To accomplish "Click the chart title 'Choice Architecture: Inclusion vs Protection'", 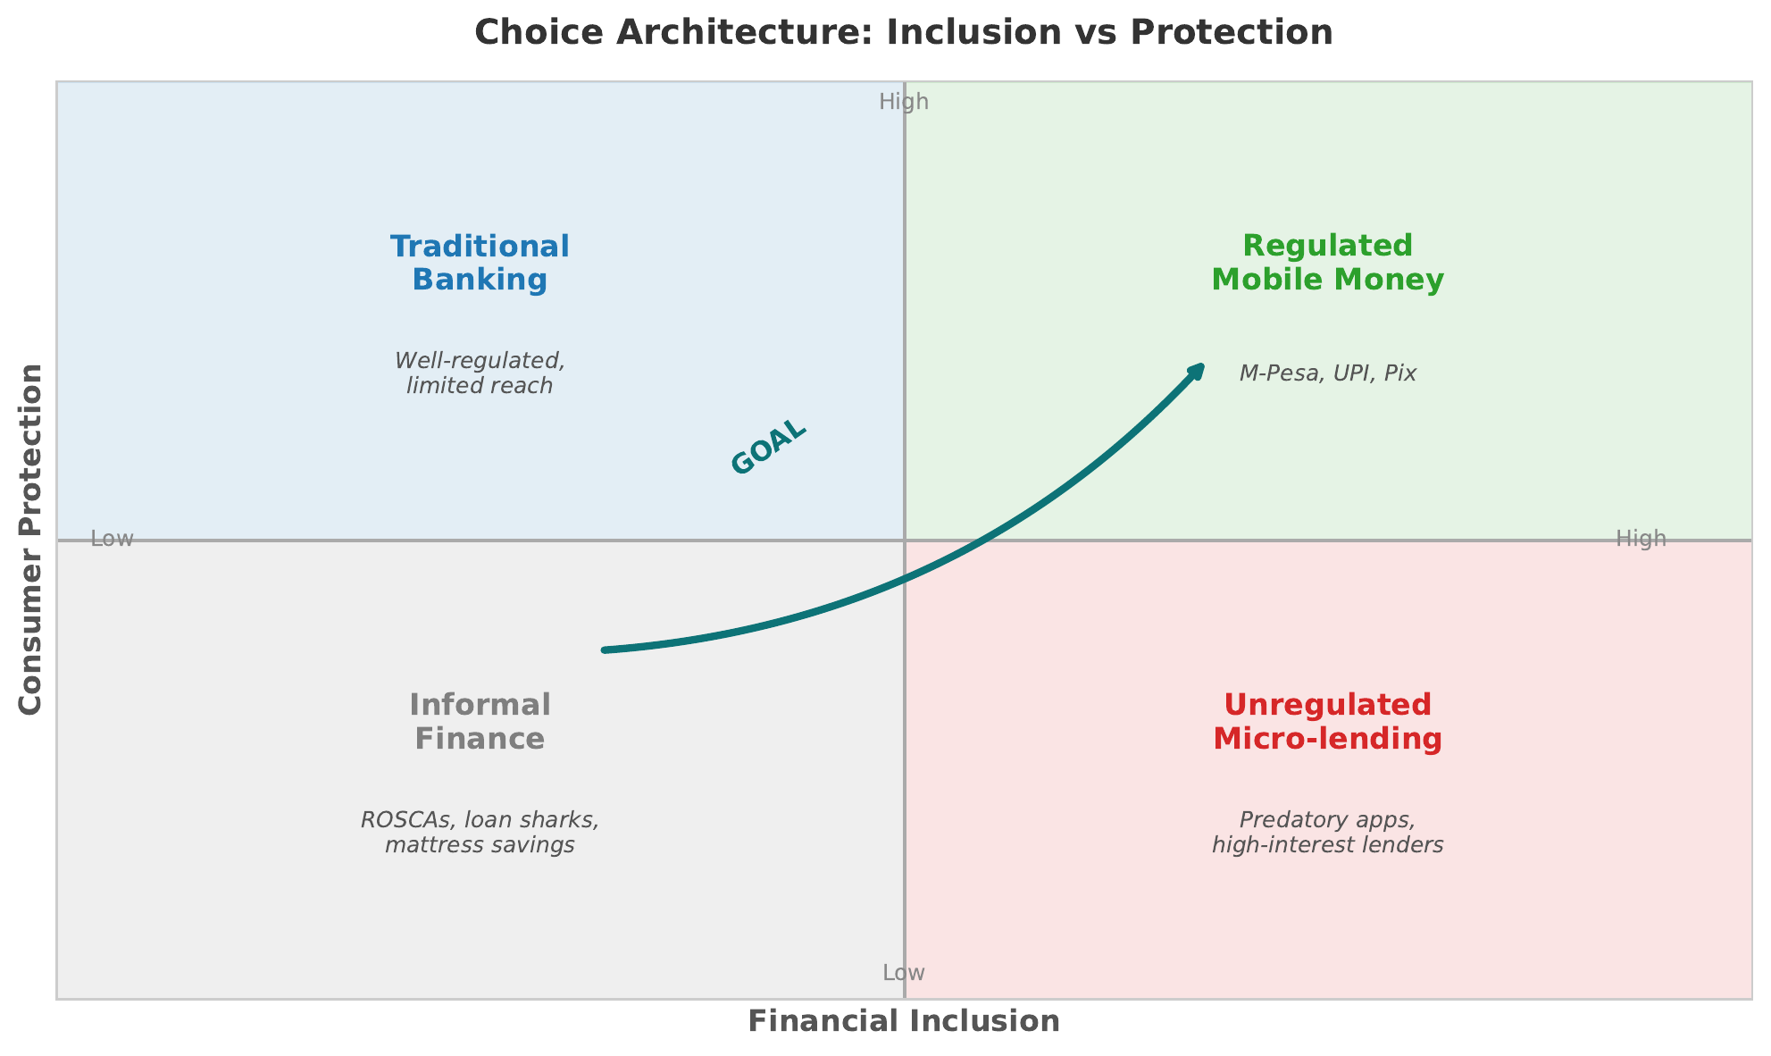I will tap(903, 33).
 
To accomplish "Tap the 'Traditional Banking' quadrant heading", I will tap(480, 263).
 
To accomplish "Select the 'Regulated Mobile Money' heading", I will tap(1327, 263).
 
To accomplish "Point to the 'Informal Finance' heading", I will tap(480, 722).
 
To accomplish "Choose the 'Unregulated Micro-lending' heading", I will tap(1327, 722).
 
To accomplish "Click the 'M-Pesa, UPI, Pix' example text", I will tap(1327, 373).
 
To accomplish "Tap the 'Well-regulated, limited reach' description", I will tap(480, 373).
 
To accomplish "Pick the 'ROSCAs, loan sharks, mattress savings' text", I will tap(480, 832).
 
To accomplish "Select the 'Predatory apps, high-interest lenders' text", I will tap(1327, 832).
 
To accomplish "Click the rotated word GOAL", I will tap(769, 448).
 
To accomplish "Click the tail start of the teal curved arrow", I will tap(606, 650).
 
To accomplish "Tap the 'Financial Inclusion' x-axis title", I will tap(903, 1021).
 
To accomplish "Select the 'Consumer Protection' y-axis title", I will tap(31, 539).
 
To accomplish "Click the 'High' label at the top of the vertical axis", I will tap(904, 102).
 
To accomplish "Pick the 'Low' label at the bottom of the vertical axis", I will tap(904, 973).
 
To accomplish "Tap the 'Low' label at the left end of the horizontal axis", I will tap(113, 539).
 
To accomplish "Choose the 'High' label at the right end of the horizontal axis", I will tap(1641, 539).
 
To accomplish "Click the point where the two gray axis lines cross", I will tap(905, 541).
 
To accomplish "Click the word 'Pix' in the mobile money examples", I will tap(1399, 373).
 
